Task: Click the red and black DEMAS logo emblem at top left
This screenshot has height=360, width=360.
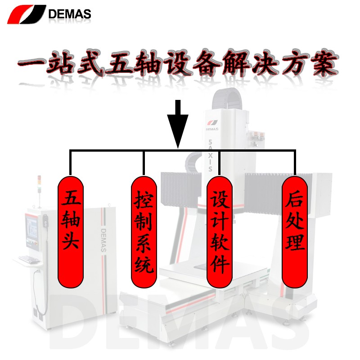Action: pos(27,14)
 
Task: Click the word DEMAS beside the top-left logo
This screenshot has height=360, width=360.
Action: pos(70,14)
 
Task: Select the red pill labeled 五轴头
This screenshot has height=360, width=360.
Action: pos(71,232)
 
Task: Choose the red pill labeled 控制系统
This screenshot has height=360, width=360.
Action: pos(144,232)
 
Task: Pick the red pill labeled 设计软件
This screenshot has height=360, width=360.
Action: pos(220,232)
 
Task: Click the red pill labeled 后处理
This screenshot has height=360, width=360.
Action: pos(295,232)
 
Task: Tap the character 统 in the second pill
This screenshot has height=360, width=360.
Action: pos(144,265)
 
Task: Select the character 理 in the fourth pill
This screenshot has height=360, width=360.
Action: pos(295,242)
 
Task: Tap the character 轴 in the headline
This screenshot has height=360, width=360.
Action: pos(148,63)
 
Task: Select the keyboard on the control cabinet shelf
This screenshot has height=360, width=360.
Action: pos(29,260)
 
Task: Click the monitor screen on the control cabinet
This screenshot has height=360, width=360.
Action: pos(31,227)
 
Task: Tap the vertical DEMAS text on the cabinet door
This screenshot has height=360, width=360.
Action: pos(103,240)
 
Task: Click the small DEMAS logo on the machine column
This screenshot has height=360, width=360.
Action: pos(212,125)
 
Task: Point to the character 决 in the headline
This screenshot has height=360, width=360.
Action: pos(266,63)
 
